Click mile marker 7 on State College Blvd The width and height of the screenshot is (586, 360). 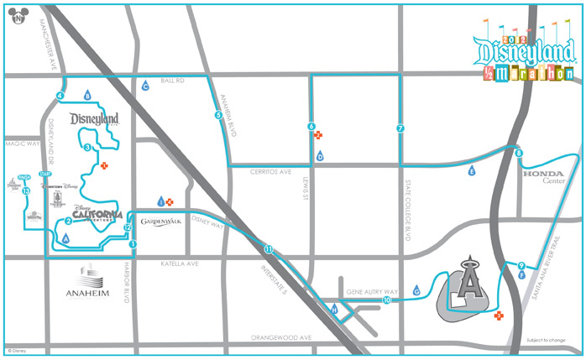pos(400,128)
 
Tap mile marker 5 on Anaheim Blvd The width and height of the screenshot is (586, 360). pos(217,116)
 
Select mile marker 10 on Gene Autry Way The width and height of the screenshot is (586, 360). pos(387,300)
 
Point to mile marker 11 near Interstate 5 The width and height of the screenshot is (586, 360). pos(268,249)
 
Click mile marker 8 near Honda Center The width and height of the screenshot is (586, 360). pos(519,153)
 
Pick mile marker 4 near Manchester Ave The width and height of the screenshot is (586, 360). pos(60,96)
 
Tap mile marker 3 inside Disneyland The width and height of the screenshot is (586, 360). pos(87,148)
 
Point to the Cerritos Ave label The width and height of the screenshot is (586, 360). pos(271,170)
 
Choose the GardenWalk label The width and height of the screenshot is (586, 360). pos(161,222)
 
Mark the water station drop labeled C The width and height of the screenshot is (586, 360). pos(145,86)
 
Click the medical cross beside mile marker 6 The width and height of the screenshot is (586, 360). pos(318,135)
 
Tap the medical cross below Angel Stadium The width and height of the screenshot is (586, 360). pos(499,316)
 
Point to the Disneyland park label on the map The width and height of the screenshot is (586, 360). pos(95,119)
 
